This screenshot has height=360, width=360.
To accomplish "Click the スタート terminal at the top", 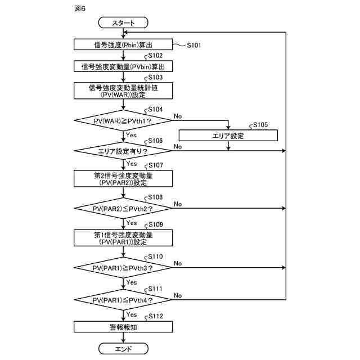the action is click(x=123, y=22).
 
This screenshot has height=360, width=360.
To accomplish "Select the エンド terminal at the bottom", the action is click(x=123, y=349).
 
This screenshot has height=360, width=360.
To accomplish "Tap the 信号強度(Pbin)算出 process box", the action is click(x=123, y=44).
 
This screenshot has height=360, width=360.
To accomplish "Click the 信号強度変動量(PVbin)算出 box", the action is click(x=123, y=66).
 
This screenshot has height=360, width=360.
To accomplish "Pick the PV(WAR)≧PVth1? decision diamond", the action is click(x=123, y=120).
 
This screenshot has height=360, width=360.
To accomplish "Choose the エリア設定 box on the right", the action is click(x=228, y=136).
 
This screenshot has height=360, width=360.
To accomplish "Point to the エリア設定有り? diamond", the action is click(x=123, y=151).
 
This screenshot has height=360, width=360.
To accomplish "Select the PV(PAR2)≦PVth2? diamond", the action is click(x=123, y=208).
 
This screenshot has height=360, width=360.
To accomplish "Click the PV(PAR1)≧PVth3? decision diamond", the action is click(x=123, y=268).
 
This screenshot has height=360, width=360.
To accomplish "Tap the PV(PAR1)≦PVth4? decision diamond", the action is click(x=123, y=300).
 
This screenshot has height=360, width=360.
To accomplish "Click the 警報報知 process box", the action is click(x=123, y=327).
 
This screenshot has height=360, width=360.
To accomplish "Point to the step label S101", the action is click(x=194, y=45).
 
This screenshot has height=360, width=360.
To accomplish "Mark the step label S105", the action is click(x=260, y=125).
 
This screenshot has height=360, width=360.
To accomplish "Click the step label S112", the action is click(x=156, y=316).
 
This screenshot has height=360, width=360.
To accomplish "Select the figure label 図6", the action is click(x=80, y=8).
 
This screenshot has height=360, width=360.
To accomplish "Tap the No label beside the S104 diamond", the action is click(x=178, y=116).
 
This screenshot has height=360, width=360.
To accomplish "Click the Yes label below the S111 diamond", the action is click(x=132, y=314).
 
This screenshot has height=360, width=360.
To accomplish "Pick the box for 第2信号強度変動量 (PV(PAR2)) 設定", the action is click(x=123, y=178).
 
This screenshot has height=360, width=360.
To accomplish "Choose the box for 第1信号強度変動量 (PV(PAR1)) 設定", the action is click(x=123, y=238).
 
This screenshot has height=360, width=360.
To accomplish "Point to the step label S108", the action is click(x=155, y=197).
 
